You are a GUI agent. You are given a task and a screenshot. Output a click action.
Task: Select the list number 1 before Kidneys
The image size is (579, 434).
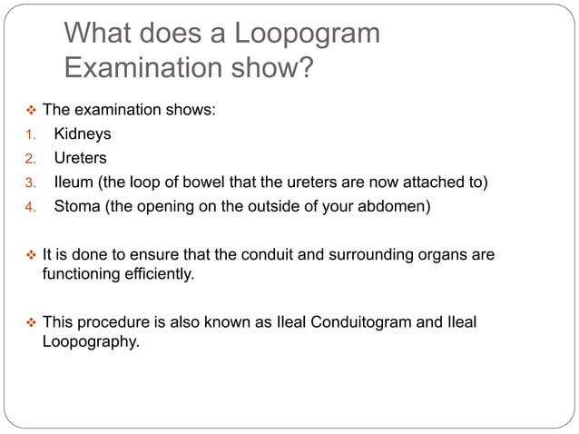pos(28,134)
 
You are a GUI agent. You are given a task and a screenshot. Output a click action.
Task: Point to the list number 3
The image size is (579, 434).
pos(28,182)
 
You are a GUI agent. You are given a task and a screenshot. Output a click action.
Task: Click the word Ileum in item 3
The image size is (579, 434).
pos(72,182)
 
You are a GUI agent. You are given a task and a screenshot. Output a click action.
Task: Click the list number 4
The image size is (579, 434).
pos(28,206)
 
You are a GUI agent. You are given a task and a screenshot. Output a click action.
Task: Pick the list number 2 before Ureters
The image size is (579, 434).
pos(28,159)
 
